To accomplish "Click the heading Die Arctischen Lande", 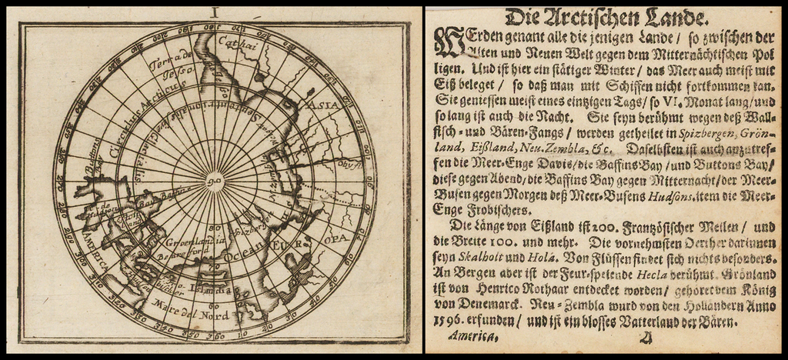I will (x=603, y=17).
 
